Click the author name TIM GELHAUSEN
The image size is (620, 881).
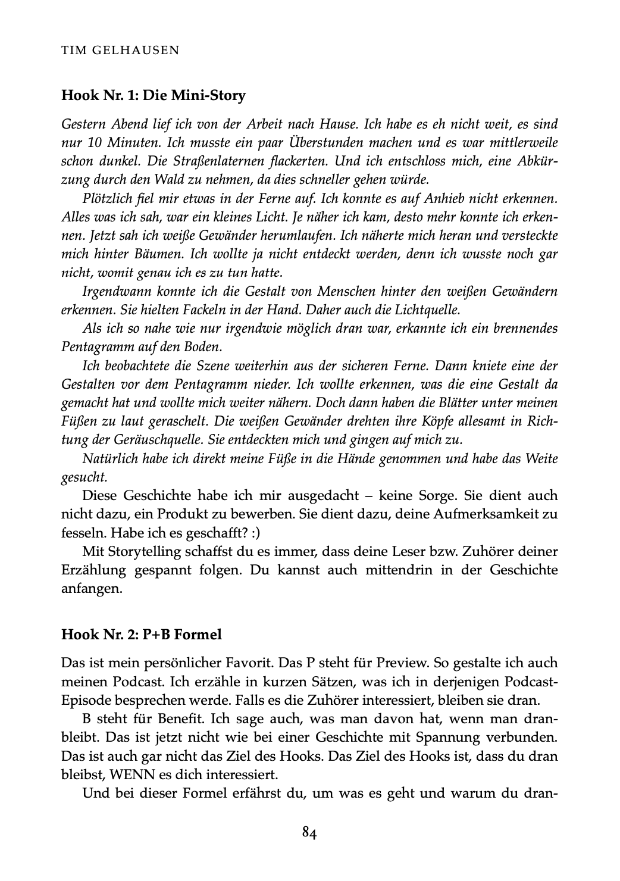[120, 50]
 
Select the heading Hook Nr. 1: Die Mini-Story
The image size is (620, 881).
[154, 95]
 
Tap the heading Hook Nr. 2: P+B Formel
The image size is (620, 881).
[142, 635]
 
